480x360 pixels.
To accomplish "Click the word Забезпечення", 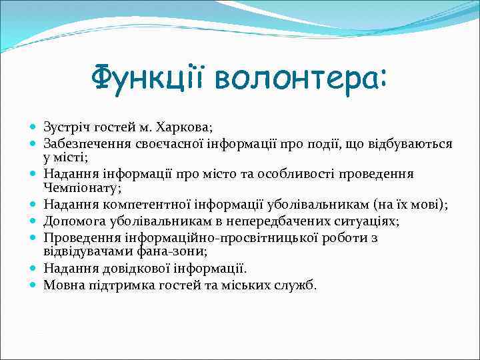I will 83,143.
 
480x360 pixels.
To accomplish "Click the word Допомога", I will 70,220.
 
